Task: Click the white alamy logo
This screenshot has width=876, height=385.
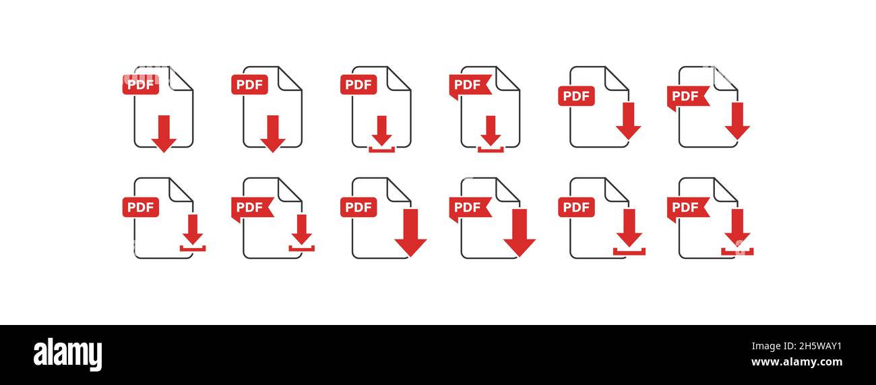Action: pyautogui.click(x=67, y=354)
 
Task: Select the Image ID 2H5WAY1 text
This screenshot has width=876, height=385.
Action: pyautogui.click(x=796, y=346)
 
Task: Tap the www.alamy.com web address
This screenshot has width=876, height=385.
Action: pyautogui.click(x=796, y=361)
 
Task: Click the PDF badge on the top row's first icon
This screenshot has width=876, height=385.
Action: pyautogui.click(x=141, y=84)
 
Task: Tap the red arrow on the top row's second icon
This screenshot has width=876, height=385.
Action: pyautogui.click(x=273, y=134)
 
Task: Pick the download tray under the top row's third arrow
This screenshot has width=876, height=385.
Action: pyautogui.click(x=381, y=150)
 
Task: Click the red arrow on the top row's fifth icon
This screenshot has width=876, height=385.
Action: pyautogui.click(x=629, y=121)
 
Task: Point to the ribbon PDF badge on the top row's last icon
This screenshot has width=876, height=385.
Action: pyautogui.click(x=688, y=98)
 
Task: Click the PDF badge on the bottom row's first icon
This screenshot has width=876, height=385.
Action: pyautogui.click(x=141, y=207)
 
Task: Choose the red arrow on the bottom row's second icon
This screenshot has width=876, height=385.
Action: pyautogui.click(x=301, y=230)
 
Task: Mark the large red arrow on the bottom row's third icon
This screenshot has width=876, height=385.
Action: pyautogui.click(x=410, y=233)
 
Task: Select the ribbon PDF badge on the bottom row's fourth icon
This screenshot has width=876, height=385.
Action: pyautogui.click(x=470, y=209)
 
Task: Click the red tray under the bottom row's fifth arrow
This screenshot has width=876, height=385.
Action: pyautogui.click(x=629, y=251)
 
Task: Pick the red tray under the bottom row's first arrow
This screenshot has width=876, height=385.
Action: pyautogui.click(x=193, y=248)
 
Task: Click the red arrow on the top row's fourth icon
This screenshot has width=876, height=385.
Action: pyautogui.click(x=491, y=131)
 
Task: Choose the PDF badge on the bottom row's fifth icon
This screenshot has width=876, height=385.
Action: pyautogui.click(x=576, y=207)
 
